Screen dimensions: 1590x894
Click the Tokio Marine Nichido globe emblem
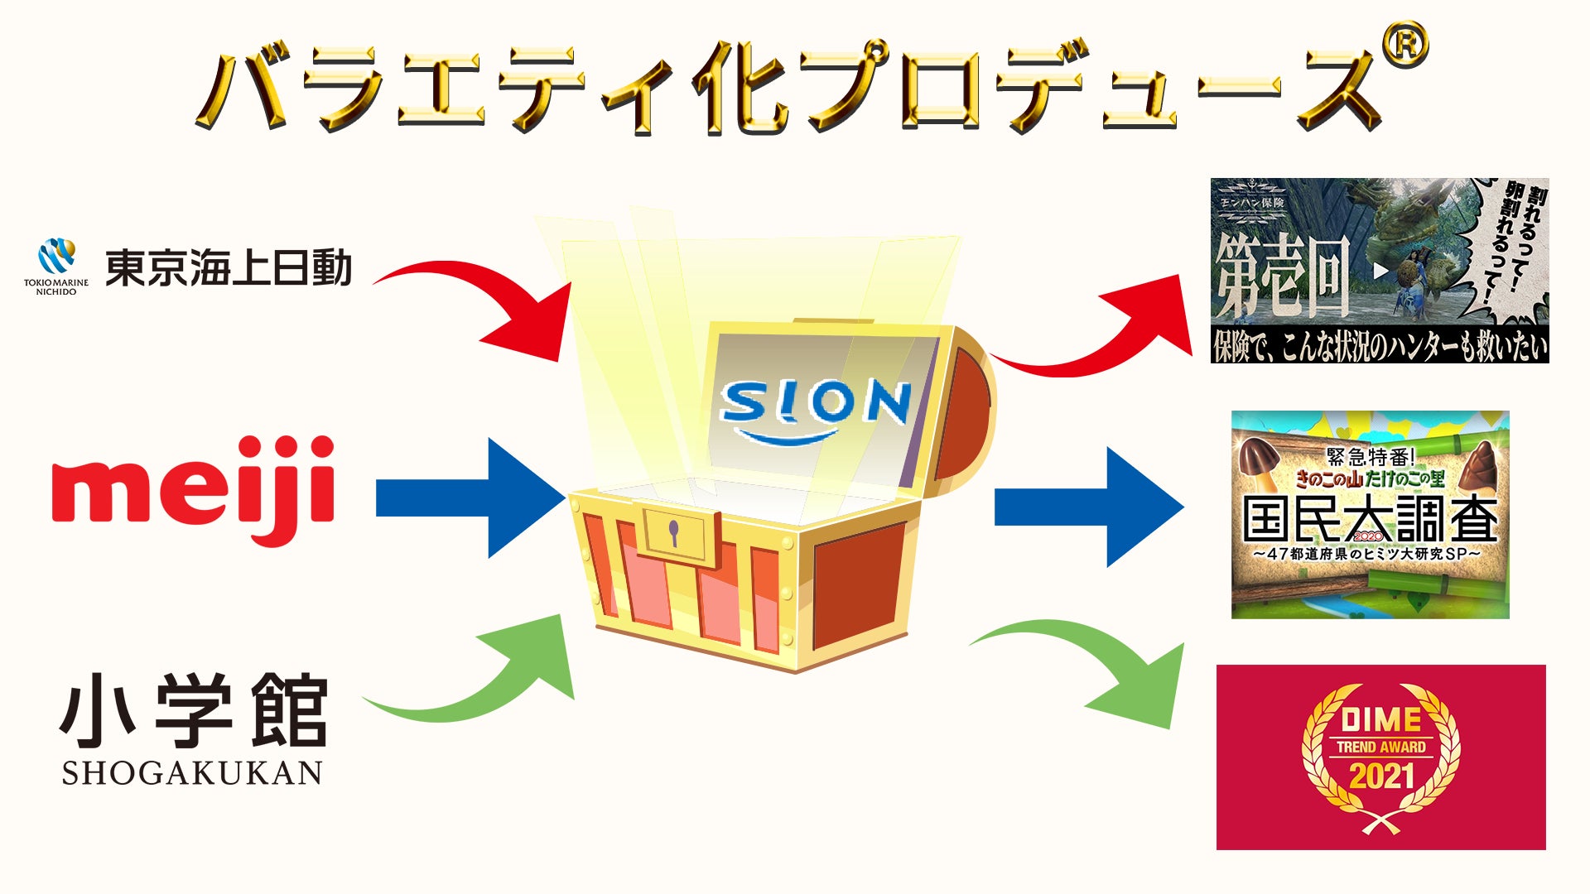click(x=56, y=257)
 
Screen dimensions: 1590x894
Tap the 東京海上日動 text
click(x=229, y=268)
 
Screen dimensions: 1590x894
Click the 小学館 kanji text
click(x=194, y=710)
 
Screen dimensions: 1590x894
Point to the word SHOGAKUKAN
click(x=192, y=773)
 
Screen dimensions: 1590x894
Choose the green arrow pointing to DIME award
click(x=1101, y=670)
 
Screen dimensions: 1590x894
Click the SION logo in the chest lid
click(x=816, y=406)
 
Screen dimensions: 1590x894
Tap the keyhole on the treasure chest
click(x=674, y=533)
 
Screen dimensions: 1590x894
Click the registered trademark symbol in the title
click(x=1404, y=46)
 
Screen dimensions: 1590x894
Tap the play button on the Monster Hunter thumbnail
click(x=1380, y=270)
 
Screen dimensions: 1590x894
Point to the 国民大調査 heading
click(x=1370, y=520)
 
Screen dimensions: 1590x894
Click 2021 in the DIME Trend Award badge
click(x=1381, y=776)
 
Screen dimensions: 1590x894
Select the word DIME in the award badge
click(x=1380, y=719)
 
